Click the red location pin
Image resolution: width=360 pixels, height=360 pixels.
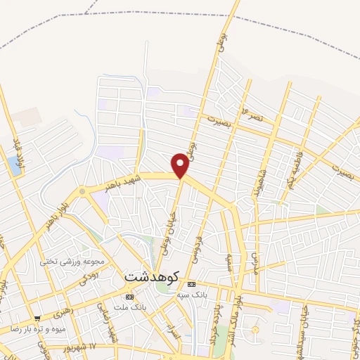181,165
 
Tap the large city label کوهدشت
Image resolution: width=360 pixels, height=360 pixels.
152,277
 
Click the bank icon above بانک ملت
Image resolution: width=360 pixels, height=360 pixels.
129,297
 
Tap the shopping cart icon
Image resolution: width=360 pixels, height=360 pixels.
37,317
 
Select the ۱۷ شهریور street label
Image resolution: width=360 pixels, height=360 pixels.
93,347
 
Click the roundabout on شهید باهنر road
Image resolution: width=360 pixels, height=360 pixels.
82,191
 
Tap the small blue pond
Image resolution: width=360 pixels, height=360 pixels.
15,165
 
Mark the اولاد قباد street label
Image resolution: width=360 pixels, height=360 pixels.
19,151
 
